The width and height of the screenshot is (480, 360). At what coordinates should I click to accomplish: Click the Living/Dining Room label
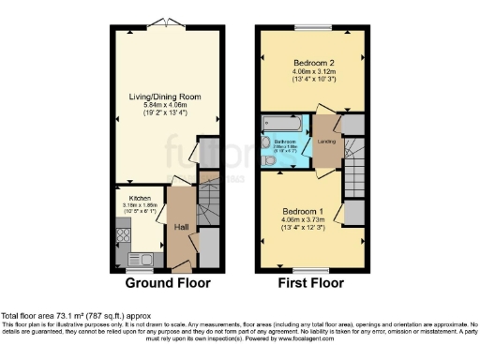point(165,96)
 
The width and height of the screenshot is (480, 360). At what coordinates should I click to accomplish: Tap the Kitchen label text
point(140,199)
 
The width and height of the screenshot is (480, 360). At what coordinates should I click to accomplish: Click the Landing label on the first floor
point(327,142)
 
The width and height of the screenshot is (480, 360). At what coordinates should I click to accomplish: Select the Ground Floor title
point(167,282)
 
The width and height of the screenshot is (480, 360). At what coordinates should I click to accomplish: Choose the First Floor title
point(310,282)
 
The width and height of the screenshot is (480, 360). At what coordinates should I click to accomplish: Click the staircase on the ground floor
point(210,203)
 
